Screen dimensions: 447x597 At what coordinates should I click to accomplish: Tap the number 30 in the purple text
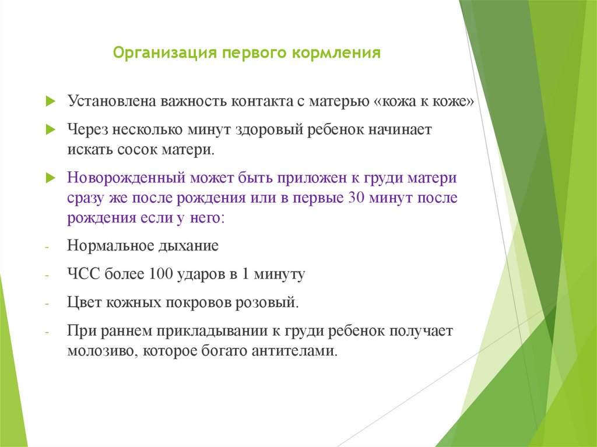(x=356, y=198)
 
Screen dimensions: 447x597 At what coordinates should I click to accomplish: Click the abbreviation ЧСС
(x=83, y=274)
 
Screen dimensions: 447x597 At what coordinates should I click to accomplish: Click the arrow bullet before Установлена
(x=50, y=101)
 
